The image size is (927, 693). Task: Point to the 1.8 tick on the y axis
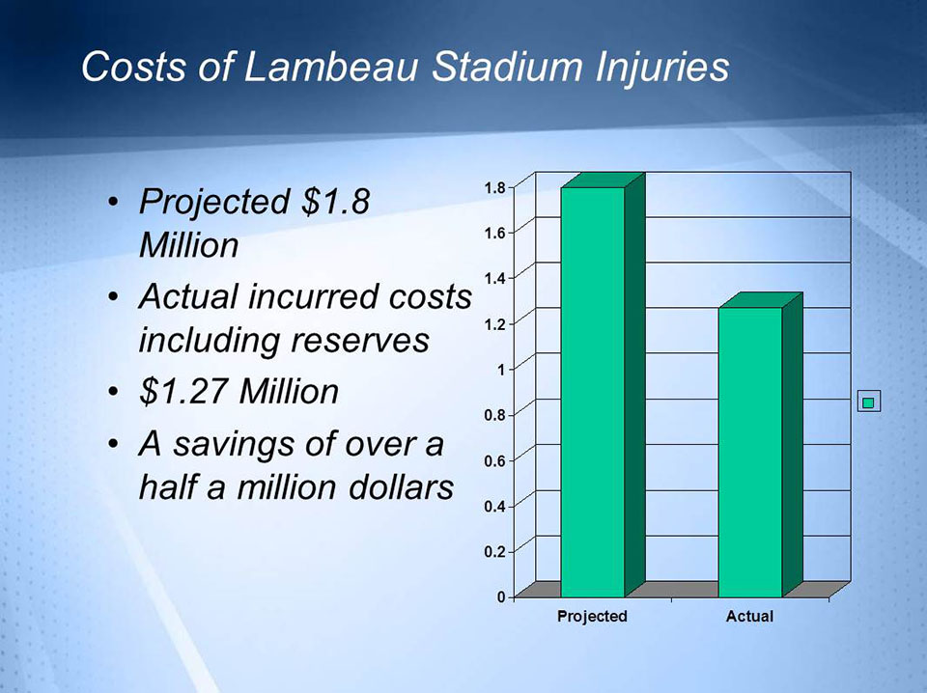click(x=494, y=188)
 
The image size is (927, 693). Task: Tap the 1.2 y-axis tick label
click(x=494, y=323)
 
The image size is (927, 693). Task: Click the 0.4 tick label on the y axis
click(x=494, y=507)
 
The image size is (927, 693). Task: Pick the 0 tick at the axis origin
click(x=501, y=597)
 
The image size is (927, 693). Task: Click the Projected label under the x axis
click(x=592, y=616)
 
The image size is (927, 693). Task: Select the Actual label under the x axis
click(x=749, y=616)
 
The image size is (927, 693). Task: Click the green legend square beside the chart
click(x=868, y=402)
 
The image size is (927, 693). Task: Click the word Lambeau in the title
click(x=331, y=66)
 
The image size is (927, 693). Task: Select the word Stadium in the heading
click(x=508, y=66)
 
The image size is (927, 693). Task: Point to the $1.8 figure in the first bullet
click(x=335, y=202)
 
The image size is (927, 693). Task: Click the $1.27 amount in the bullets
click(x=183, y=391)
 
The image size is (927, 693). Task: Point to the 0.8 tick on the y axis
click(x=494, y=415)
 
